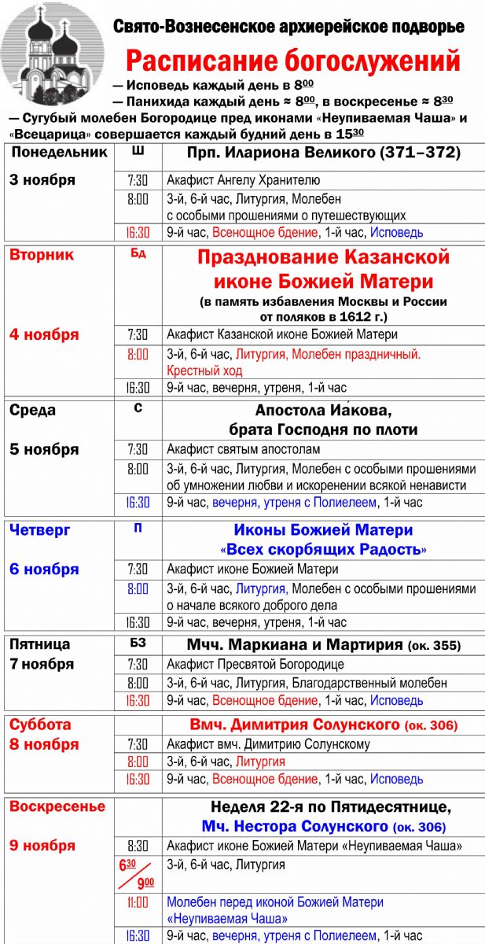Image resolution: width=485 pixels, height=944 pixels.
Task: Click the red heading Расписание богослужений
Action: pyautogui.click(x=293, y=61)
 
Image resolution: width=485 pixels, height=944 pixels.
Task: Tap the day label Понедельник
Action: pyautogui.click(x=58, y=153)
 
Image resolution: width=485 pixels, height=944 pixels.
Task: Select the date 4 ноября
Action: pyautogui.click(x=44, y=334)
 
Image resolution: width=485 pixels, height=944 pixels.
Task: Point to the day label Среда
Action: pyautogui.click(x=33, y=410)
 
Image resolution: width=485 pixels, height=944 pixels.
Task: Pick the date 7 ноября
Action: pyautogui.click(x=42, y=664)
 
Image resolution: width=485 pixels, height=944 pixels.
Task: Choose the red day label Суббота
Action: pyautogui.click(x=40, y=725)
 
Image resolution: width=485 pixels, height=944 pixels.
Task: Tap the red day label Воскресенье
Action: pyautogui.click(x=57, y=807)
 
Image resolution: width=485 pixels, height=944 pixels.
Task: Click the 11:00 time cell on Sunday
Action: pyautogui.click(x=138, y=902)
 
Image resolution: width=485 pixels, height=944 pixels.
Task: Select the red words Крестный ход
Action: pyautogui.click(x=204, y=371)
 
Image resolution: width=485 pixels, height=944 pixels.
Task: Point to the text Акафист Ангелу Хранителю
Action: pyautogui.click(x=243, y=180)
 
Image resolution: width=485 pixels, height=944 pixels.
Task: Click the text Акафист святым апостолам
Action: pyautogui.click(x=244, y=450)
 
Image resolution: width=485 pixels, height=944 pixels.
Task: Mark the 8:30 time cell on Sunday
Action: pyautogui.click(x=138, y=846)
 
